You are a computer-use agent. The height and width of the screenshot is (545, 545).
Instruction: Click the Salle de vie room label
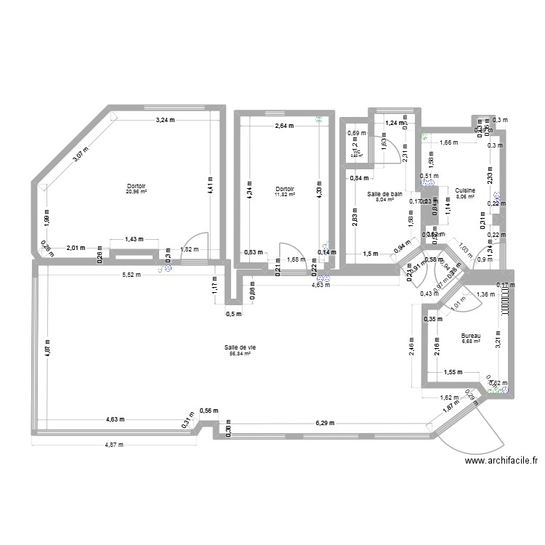tap(240, 347)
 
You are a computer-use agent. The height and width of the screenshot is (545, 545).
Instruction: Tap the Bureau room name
tap(471, 336)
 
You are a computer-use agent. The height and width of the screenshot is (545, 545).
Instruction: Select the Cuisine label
tap(465, 190)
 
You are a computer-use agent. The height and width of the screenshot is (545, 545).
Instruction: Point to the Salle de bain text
tap(384, 194)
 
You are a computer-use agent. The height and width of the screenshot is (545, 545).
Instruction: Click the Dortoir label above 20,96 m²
tap(136, 185)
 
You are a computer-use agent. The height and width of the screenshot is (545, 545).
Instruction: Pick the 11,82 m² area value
tap(284, 195)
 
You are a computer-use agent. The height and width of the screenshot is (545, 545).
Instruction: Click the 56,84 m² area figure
tap(240, 354)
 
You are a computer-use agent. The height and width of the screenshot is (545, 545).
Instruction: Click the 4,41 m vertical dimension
tap(209, 184)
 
